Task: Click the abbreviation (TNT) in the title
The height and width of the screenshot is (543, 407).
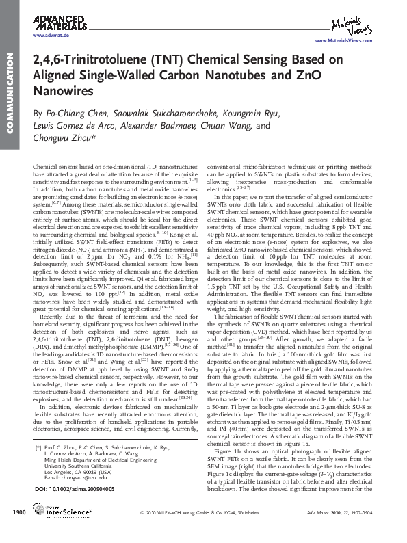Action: [158, 60]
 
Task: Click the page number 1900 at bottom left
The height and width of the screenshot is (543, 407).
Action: [18, 531]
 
